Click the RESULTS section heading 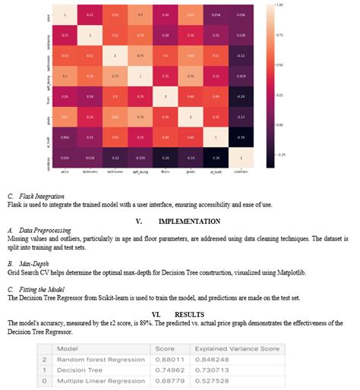[x=189, y=313]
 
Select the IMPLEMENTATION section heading [x=189, y=222]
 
